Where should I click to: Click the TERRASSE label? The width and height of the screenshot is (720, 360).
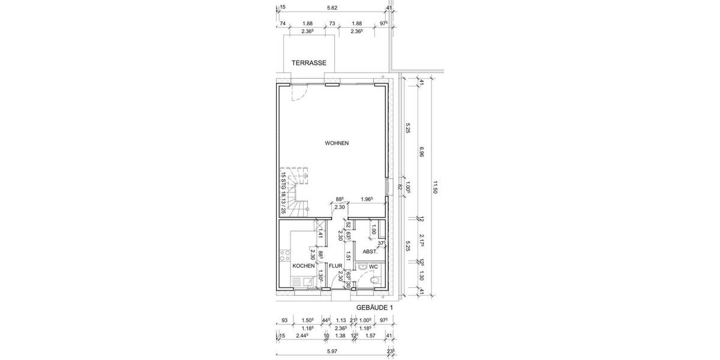tap(308, 62)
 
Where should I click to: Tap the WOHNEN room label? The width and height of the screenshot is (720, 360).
tap(337, 143)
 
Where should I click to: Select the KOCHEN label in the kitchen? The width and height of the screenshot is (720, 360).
tap(303, 265)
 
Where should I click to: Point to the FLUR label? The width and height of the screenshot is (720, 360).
tap(335, 265)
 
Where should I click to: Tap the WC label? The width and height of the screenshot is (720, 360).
tap(373, 266)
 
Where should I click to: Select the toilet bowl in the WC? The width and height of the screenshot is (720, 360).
tap(375, 280)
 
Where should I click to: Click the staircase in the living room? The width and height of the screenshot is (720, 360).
tap(295, 192)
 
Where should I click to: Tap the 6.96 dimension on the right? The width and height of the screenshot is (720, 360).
tap(422, 154)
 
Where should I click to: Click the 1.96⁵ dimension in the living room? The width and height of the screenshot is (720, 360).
tap(367, 199)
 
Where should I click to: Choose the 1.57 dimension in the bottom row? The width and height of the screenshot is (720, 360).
tap(371, 335)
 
